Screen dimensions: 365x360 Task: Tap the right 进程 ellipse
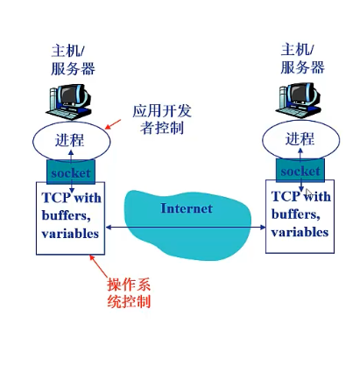click(300, 139)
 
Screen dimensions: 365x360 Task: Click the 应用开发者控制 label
click(159, 120)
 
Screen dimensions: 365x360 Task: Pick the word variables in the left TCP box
click(70, 234)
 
